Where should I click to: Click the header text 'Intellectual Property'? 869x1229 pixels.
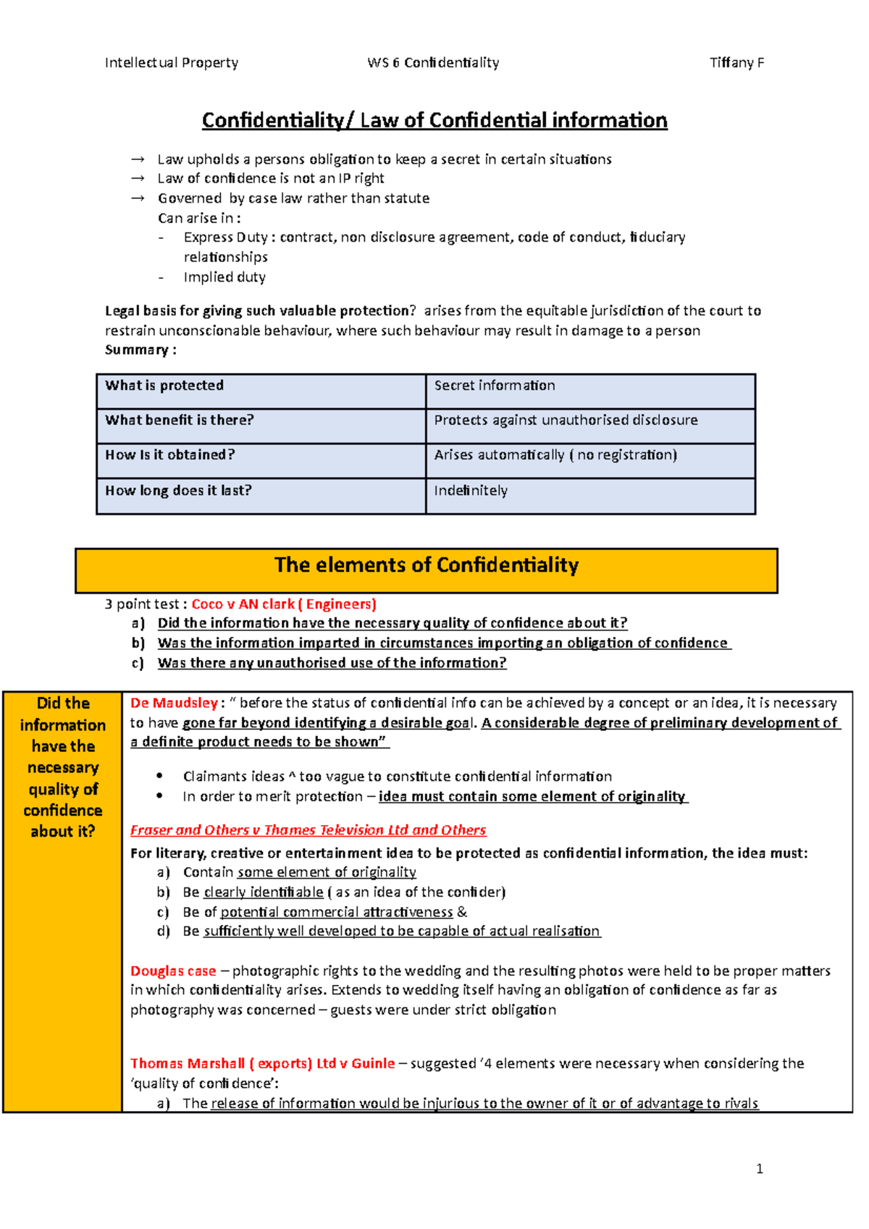172,62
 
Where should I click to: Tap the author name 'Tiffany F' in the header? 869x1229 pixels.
736,62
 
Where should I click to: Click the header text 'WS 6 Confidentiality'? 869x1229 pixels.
433,62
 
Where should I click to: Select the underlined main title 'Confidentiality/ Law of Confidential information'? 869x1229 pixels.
434,120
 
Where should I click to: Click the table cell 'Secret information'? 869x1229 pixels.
495,386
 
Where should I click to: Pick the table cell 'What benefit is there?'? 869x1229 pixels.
180,421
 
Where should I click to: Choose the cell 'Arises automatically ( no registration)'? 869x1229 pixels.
555,455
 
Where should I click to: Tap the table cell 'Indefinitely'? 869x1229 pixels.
471,491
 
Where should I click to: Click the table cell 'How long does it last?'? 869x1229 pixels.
178,491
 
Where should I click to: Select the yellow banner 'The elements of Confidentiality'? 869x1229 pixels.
427,565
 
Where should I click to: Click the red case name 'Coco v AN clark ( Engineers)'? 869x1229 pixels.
284,604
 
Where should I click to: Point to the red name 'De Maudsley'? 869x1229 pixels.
174,703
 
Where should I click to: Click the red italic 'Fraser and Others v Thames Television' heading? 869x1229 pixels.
308,830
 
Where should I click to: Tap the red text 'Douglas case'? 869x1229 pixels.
173,971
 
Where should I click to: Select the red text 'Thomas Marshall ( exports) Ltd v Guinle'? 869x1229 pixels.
262,1064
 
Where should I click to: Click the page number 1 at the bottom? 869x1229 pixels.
759,1168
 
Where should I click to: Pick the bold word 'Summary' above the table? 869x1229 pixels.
137,350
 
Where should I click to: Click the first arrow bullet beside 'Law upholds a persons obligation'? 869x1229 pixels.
138,159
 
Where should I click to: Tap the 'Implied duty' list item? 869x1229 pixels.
224,277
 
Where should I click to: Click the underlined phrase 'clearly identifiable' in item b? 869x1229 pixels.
264,892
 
